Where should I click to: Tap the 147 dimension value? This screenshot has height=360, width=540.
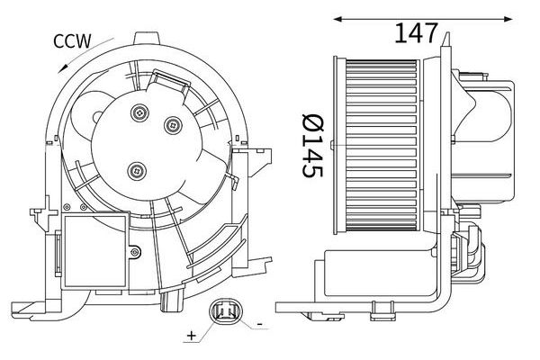(417, 31)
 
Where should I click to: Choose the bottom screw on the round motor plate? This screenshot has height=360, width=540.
(135, 167)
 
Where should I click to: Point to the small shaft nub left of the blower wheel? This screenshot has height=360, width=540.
(334, 143)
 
